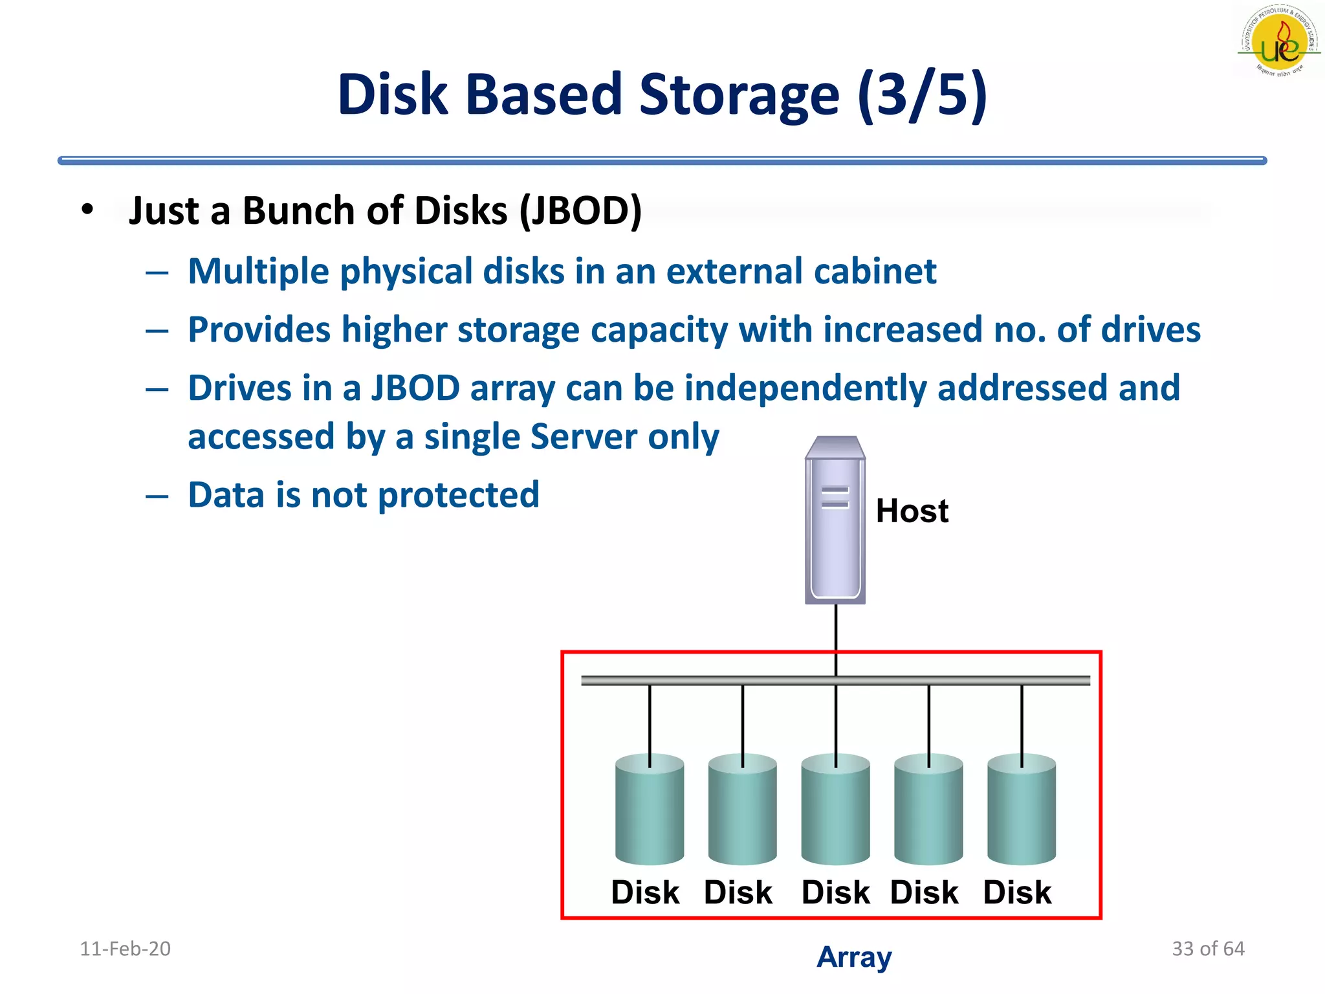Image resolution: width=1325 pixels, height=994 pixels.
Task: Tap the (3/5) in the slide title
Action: click(x=923, y=95)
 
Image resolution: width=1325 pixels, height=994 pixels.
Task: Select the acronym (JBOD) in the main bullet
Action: click(x=581, y=211)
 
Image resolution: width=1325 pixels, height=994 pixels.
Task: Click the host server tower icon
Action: click(x=835, y=522)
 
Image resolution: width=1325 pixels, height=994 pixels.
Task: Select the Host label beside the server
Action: click(x=912, y=511)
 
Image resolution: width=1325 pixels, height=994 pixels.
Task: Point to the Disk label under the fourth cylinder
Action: click(x=924, y=893)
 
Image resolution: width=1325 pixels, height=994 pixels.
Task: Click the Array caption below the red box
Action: click(x=854, y=957)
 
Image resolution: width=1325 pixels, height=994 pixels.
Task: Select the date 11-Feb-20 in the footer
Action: click(x=125, y=949)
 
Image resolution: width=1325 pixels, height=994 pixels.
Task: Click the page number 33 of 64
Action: click(x=1208, y=949)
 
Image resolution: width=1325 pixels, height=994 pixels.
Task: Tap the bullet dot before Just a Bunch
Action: click(x=87, y=210)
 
